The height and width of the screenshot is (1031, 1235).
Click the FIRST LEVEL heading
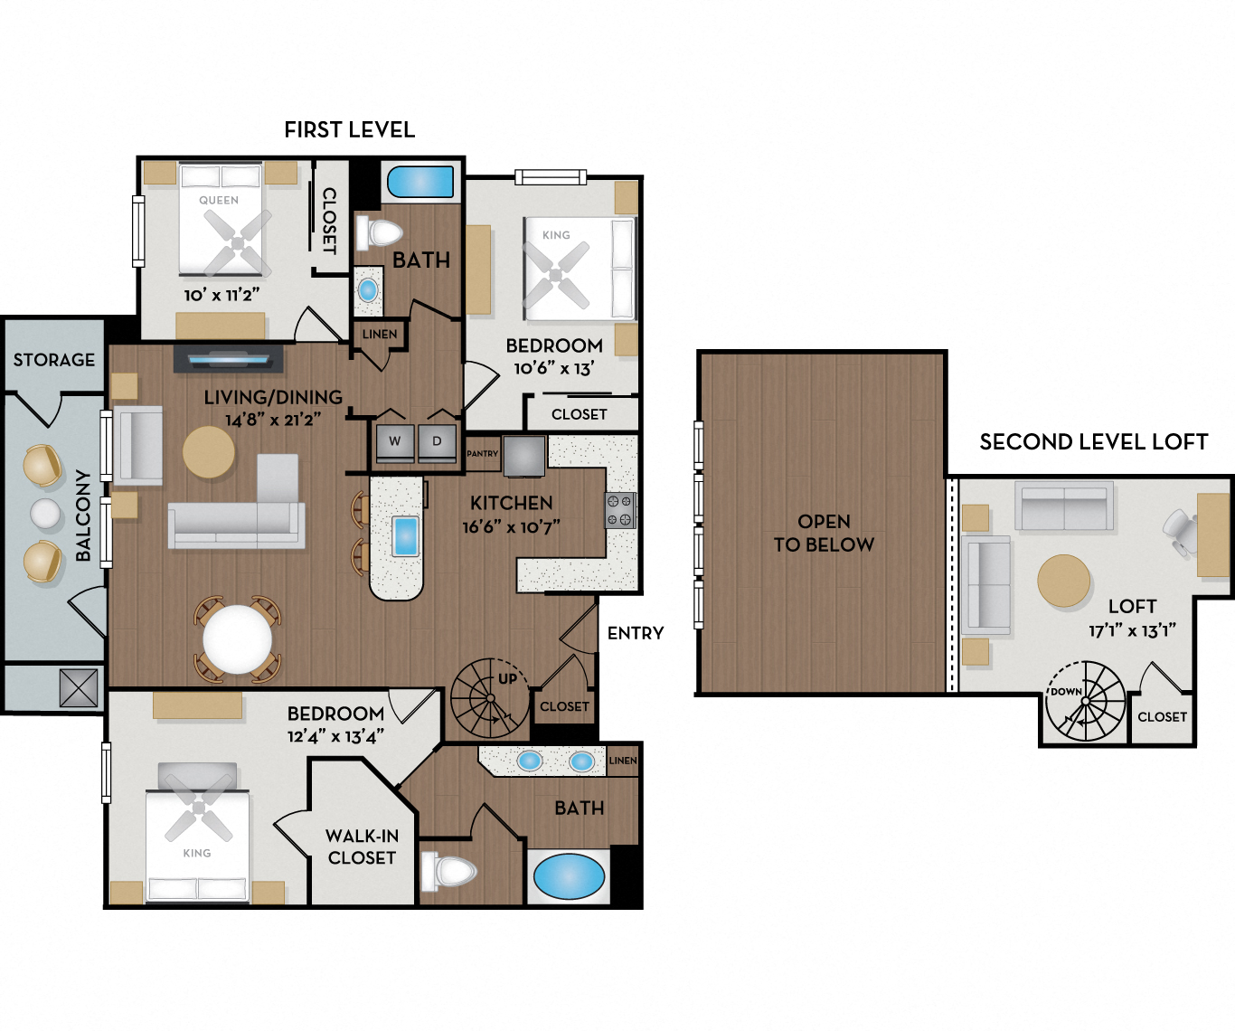[x=349, y=129]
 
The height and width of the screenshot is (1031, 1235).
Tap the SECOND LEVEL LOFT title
[x=1093, y=442]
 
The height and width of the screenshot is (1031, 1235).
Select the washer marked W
[x=394, y=442]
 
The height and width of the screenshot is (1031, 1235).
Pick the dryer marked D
[x=438, y=442]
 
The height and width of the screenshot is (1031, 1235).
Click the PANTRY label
[x=483, y=454]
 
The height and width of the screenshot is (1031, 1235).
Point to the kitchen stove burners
[x=619, y=510]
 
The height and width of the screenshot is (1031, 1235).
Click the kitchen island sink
[x=405, y=536]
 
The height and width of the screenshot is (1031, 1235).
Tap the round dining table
[x=237, y=638]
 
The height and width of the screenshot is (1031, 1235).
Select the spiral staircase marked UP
[x=488, y=697]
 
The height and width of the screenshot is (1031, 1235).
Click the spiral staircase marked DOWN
[x=1086, y=702]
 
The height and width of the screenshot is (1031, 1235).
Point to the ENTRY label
[x=635, y=633]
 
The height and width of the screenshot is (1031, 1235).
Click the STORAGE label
[x=53, y=360]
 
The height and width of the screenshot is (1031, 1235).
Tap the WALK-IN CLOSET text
[x=362, y=847]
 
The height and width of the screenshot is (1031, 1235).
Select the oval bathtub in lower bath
[x=569, y=876]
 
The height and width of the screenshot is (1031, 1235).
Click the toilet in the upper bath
[x=381, y=233]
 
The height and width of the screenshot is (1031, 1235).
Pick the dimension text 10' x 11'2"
[x=222, y=295]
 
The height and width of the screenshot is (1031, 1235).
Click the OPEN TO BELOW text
[x=824, y=534]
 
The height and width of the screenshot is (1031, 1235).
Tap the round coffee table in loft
[x=1063, y=581]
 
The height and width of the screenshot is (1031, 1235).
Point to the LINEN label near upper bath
[x=380, y=334]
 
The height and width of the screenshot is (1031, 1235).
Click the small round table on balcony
[x=45, y=513]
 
